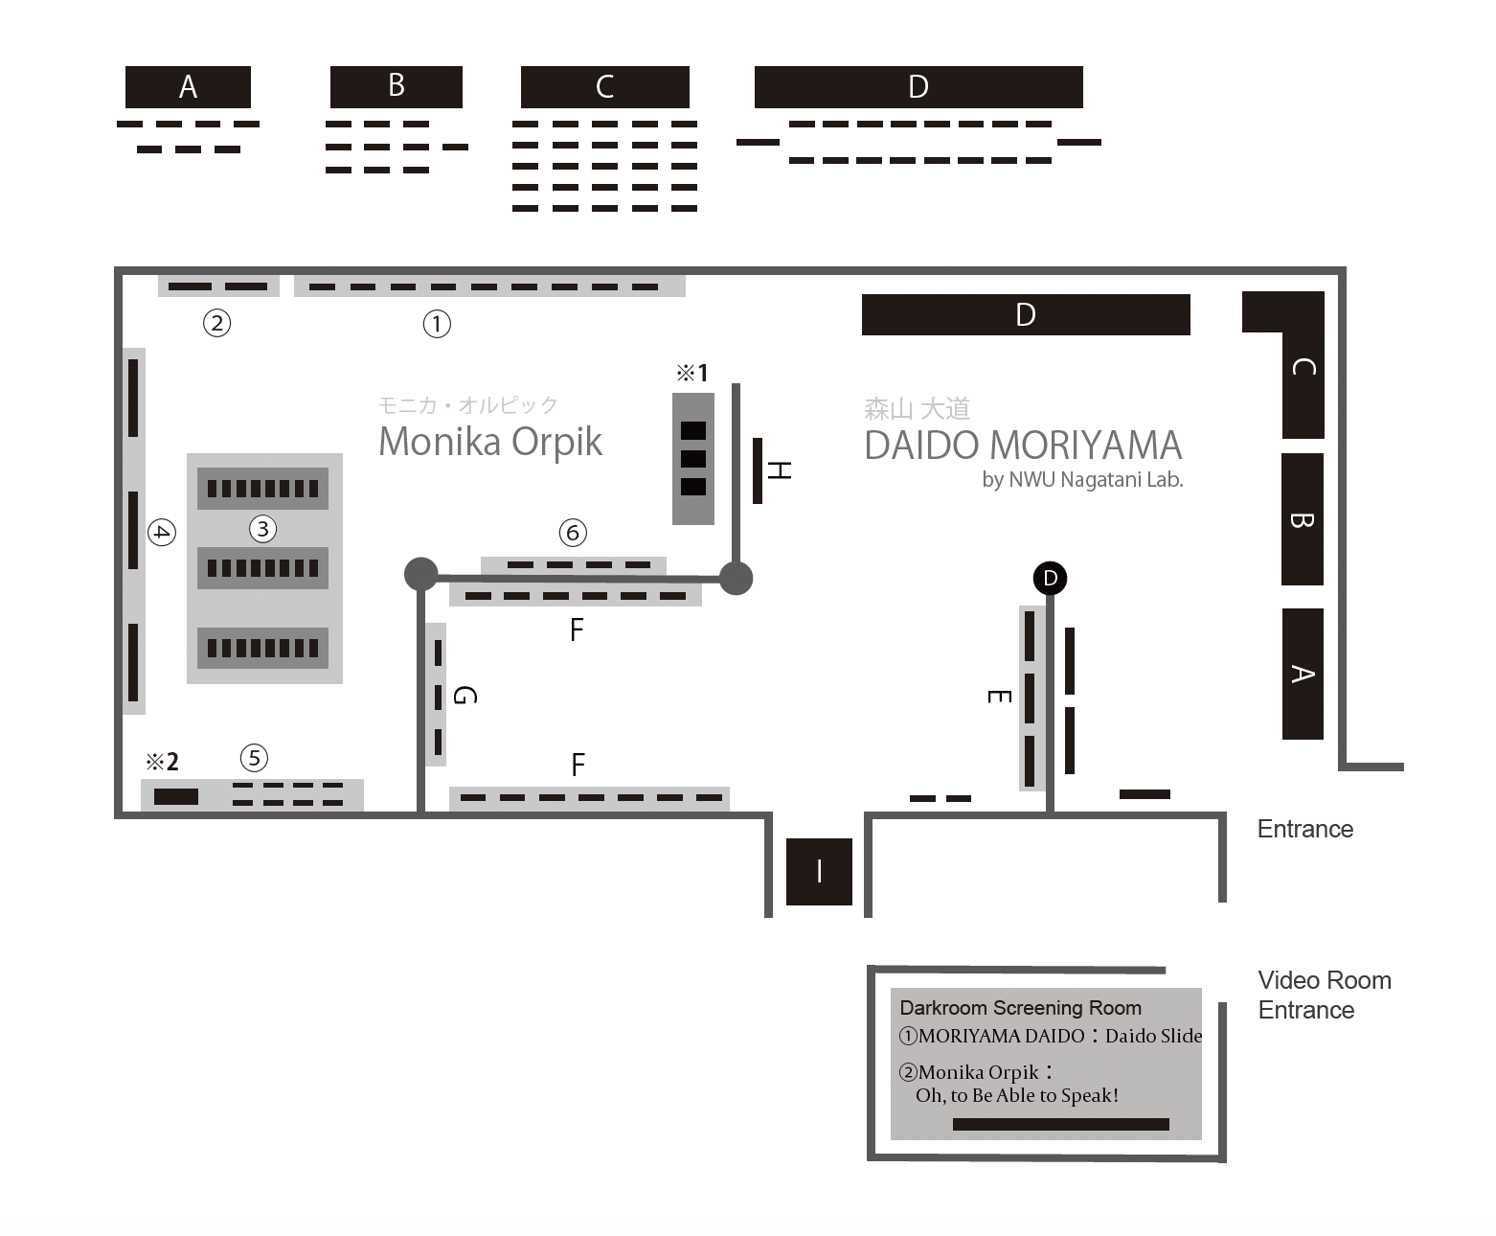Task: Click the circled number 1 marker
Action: pos(437,324)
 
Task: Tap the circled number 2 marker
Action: pos(217,323)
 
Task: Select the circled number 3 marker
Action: pos(262,528)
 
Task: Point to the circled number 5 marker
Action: pos(254,758)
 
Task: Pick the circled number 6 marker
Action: pos(573,533)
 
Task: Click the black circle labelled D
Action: pos(1051,578)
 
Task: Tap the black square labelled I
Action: pos(819,871)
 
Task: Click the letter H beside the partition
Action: pos(780,470)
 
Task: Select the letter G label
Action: pos(464,696)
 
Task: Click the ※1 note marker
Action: pos(691,373)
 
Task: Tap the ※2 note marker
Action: pos(162,762)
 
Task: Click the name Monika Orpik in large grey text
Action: pos(490,442)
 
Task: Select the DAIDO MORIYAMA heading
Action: pos(1023,446)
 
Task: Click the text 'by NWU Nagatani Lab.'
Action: pos(1082,479)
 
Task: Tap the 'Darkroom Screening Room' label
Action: pos(1020,1008)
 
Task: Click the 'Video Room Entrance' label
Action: pos(1324,995)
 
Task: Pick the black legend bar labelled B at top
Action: pos(396,87)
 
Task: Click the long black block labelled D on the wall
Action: pos(1026,315)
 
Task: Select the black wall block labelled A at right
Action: pos(1303,674)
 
